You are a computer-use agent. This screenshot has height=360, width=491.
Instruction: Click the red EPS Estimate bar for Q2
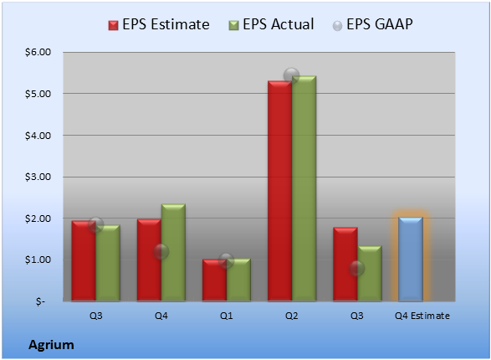click(x=279, y=191)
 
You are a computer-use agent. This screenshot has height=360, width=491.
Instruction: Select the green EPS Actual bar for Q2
click(x=304, y=188)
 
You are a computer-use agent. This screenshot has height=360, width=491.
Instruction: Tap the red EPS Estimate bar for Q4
click(x=149, y=260)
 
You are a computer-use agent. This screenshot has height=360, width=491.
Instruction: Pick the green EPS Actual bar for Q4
click(x=173, y=253)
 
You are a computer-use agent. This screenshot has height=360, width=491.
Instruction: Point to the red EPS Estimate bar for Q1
click(x=214, y=280)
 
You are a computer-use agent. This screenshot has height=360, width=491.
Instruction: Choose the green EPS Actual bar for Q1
click(x=238, y=280)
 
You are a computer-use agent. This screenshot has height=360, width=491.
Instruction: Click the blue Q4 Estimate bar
click(x=411, y=259)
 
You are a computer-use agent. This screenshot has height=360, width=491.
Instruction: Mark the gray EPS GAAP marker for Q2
click(x=292, y=75)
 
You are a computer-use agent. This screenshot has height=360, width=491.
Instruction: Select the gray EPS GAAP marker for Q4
click(x=161, y=252)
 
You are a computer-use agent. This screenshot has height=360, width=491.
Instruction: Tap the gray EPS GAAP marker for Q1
click(x=226, y=260)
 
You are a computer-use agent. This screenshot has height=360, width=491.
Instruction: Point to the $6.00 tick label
click(x=38, y=52)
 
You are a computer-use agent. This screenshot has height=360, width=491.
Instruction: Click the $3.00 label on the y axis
click(x=38, y=177)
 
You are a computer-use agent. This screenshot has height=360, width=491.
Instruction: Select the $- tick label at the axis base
click(x=40, y=301)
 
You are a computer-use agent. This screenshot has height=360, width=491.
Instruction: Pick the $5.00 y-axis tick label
click(x=38, y=94)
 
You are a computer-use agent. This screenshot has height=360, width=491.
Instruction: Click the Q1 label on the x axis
click(x=226, y=316)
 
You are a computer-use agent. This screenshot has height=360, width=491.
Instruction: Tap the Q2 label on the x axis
click(x=292, y=316)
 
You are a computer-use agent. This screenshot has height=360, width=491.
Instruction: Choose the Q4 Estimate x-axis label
click(x=422, y=316)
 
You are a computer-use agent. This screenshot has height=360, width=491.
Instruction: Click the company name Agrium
click(x=51, y=345)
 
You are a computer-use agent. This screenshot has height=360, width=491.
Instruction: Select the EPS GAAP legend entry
click(x=372, y=24)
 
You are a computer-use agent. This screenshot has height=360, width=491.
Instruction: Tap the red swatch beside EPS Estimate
click(x=114, y=25)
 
